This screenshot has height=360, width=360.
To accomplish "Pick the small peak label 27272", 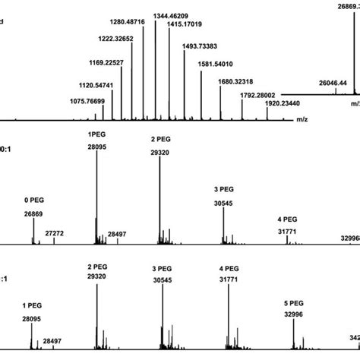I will tap(55, 233).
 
